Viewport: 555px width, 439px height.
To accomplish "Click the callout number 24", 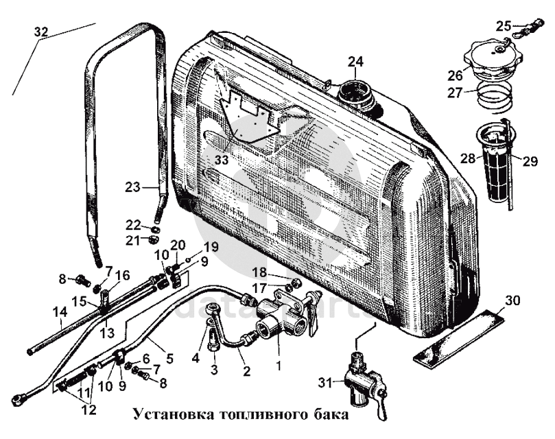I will tap(355, 62).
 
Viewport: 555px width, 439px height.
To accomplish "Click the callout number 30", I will tap(513, 300).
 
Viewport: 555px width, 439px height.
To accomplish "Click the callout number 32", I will tap(41, 32).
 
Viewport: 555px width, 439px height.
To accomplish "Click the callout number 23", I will tap(132, 185).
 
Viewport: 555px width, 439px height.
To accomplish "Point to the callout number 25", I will tap(504, 26).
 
